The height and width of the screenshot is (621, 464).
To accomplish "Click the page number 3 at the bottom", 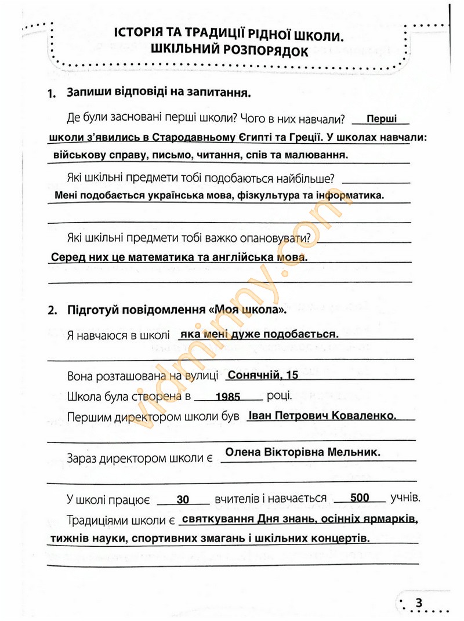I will pyautogui.click(x=419, y=602).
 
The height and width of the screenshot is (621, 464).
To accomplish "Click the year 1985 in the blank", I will pyautogui.click(x=227, y=398).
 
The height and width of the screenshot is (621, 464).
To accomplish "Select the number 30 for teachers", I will pyautogui.click(x=183, y=499).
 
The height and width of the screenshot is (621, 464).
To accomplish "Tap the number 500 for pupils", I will pyautogui.click(x=360, y=498).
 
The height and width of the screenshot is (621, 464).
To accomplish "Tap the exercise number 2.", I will pyautogui.click(x=52, y=310).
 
